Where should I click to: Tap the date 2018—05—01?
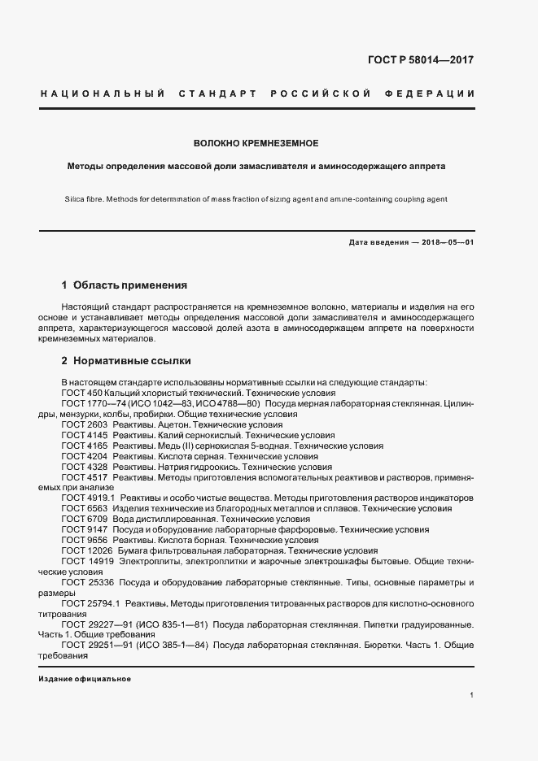coord(447,243)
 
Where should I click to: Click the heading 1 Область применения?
coord(125,285)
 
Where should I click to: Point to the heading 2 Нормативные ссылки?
coord(126,360)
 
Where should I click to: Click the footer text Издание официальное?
coord(84,678)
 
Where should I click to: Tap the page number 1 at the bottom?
coord(472,695)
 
